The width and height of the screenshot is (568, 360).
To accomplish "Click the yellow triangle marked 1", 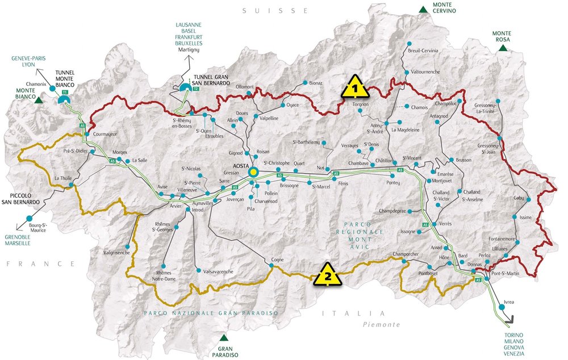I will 355,88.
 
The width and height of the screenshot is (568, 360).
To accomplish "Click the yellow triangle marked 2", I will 327,275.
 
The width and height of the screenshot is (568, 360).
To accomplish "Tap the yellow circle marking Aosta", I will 253,171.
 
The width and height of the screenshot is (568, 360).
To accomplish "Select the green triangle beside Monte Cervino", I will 423,9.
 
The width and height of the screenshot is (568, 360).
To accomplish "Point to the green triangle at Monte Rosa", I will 503,48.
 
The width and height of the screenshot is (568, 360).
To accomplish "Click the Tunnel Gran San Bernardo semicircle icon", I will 184,87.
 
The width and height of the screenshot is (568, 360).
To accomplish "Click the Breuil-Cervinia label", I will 423,51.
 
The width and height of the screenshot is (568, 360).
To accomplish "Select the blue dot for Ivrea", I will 501,307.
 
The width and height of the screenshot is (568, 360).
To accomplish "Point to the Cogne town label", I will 277,259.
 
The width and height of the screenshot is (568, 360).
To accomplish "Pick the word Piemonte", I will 382,324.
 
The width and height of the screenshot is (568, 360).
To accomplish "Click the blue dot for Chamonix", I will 52,89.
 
